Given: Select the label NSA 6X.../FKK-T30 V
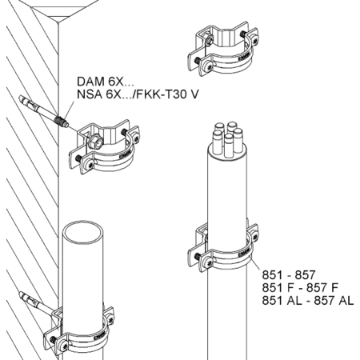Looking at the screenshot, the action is pos(138,94).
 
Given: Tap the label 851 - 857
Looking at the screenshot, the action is pos(289,275).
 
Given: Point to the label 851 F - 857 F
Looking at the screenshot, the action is pos(300,288).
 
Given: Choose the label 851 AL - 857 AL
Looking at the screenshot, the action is pos(308,301).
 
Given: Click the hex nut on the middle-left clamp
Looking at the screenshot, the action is pos(96,142).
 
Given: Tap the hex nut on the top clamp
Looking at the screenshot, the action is pos(209,40).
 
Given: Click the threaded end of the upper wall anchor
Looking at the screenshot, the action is pos(62,121).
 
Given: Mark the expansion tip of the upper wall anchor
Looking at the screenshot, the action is pos(26,101).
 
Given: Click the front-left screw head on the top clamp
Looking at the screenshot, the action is pos(210,66).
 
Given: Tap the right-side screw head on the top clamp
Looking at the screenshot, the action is pos(256,40).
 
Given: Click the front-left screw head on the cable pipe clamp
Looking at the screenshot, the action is pos(210,261).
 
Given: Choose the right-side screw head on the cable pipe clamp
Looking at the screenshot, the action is pos(255,235).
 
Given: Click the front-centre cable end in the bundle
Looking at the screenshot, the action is pos(229,146).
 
